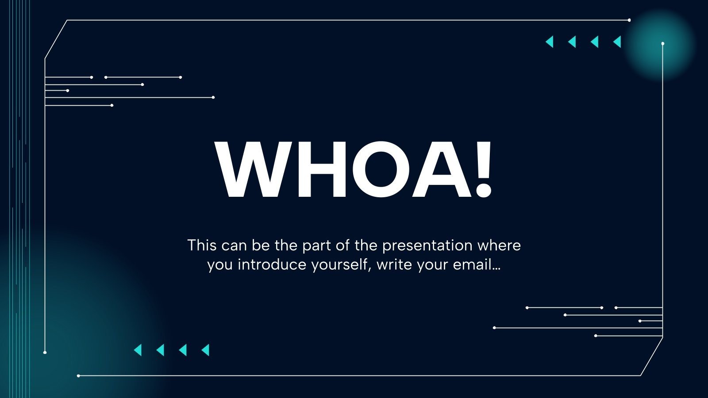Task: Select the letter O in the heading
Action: point(381,169)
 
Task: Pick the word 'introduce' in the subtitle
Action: point(272,264)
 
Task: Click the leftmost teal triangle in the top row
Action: point(550,42)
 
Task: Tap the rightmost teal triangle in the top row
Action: point(617,42)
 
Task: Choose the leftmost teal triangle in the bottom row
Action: point(138,350)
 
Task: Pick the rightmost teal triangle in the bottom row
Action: point(206,350)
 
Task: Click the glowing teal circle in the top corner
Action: point(660,44)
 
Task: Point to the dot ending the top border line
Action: point(629,20)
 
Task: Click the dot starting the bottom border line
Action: point(78,376)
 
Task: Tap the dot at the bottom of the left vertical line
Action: point(45,352)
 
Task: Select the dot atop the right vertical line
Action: point(663,44)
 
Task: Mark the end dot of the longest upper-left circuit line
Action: point(213,97)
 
